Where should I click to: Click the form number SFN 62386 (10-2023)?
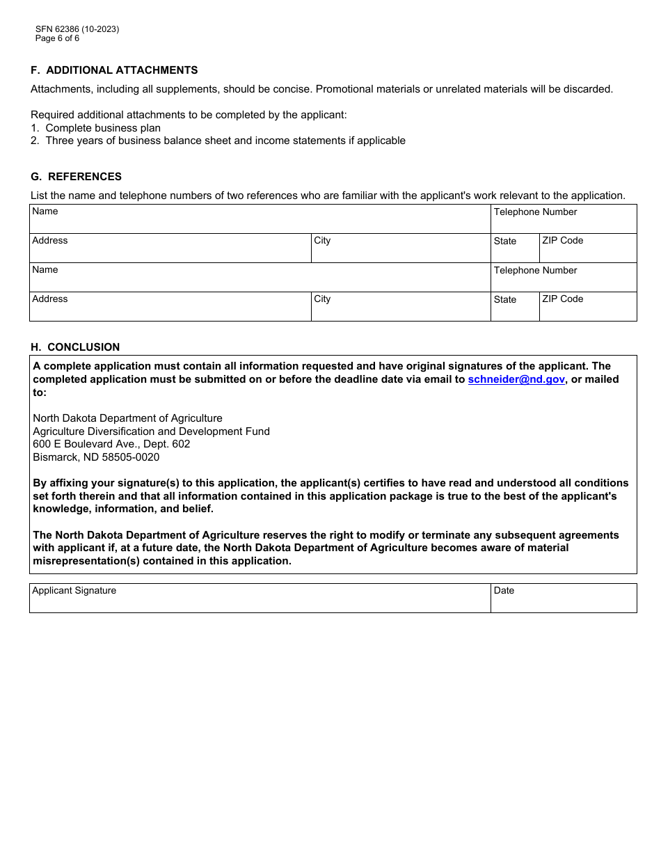(77, 29)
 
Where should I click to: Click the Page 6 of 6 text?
(57, 38)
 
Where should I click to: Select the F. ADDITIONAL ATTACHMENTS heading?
(114, 70)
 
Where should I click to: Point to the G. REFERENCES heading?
(76, 177)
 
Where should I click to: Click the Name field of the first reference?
(260, 221)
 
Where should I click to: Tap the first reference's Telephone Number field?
(563, 223)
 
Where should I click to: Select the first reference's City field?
(400, 251)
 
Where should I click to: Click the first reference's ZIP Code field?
(587, 251)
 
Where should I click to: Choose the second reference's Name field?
(260, 280)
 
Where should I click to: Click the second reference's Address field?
(170, 310)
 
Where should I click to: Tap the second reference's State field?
(514, 310)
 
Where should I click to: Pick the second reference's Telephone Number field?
(563, 281)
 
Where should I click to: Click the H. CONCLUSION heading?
(75, 347)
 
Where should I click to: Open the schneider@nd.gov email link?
(516, 380)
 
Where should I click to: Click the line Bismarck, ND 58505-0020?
(96, 457)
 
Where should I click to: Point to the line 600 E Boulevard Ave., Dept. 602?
(111, 444)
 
